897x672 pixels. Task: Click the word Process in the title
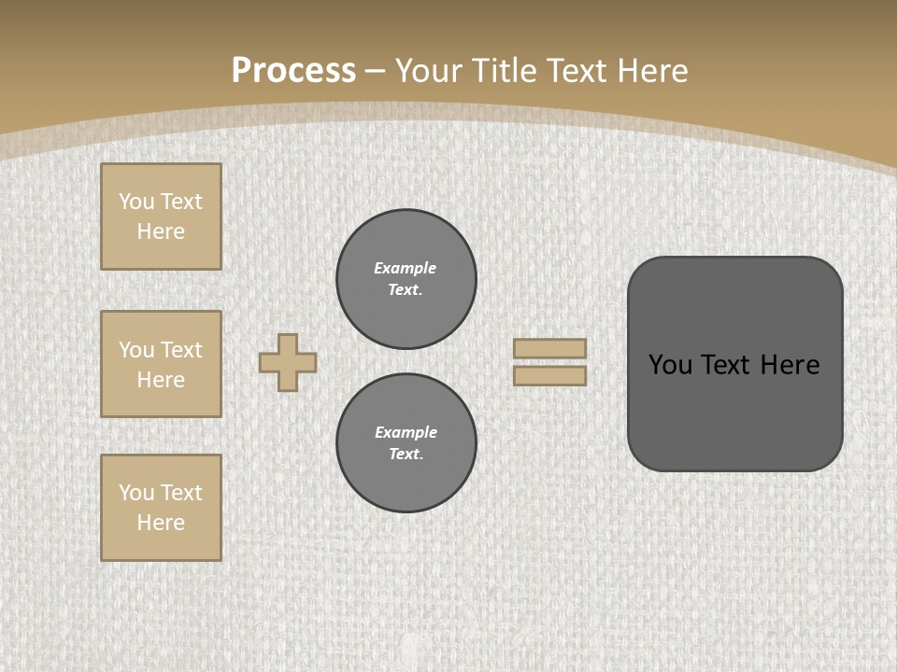293,71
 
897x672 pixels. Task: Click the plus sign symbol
288,362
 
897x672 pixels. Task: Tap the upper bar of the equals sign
549,348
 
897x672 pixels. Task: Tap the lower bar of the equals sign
549,375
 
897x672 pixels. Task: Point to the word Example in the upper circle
406,268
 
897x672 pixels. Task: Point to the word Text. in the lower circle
406,454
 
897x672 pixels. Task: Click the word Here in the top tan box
161,231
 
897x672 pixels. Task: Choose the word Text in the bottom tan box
180,493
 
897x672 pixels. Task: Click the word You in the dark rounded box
670,365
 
